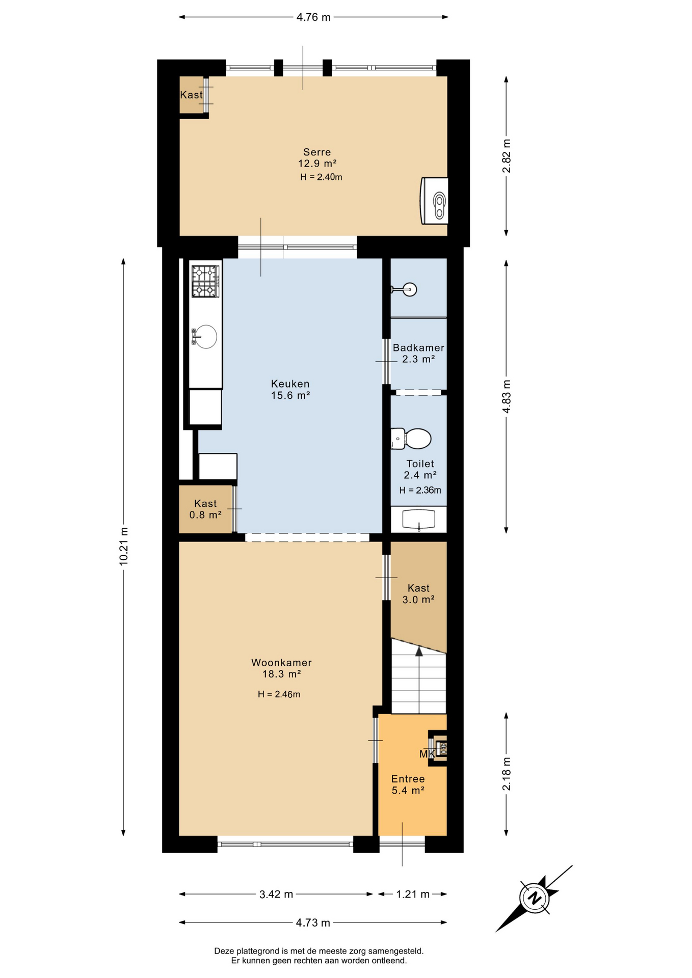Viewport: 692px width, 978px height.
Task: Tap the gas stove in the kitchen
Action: click(x=205, y=281)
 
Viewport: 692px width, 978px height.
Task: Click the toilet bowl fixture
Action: click(x=411, y=439)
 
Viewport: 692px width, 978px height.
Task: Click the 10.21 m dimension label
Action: click(x=123, y=546)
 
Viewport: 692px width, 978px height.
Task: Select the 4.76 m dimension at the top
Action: click(x=313, y=17)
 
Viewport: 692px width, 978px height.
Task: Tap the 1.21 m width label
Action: click(x=413, y=894)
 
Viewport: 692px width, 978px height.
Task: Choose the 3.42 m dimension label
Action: click(x=276, y=894)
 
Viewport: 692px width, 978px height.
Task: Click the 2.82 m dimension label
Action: click(x=507, y=156)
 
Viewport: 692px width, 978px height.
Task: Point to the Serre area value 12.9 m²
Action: click(x=317, y=164)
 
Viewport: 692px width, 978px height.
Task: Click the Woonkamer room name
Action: click(x=281, y=663)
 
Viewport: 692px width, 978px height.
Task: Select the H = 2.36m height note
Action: click(x=420, y=491)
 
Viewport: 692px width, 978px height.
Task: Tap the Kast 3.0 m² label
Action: click(x=418, y=594)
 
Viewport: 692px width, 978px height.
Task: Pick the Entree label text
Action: click(x=408, y=779)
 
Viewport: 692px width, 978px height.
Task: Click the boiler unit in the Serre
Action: click(x=435, y=201)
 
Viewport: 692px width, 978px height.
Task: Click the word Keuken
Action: click(x=290, y=384)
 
